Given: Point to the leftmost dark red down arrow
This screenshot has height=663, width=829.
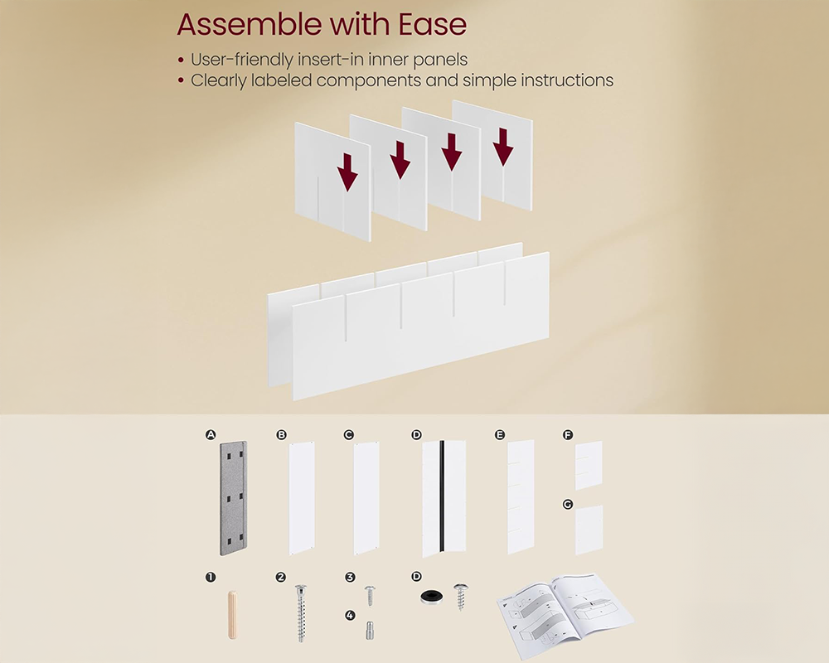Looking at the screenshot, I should pyautogui.click(x=347, y=173).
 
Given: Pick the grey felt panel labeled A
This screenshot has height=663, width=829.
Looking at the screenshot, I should pyautogui.click(x=234, y=497).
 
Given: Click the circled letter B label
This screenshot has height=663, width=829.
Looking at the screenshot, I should pyautogui.click(x=282, y=434).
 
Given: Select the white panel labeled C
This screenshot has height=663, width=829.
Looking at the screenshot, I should pyautogui.click(x=366, y=497).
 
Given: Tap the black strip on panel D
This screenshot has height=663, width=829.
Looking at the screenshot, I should pyautogui.click(x=444, y=497).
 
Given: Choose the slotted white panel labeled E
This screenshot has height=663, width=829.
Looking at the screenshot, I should pyautogui.click(x=521, y=497).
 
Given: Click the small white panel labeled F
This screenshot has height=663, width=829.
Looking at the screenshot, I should pyautogui.click(x=589, y=465).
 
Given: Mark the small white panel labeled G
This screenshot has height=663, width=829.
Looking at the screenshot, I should pyautogui.click(x=589, y=530).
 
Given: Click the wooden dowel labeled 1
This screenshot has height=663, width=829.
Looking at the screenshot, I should pyautogui.click(x=231, y=614).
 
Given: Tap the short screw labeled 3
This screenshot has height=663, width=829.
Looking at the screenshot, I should pyautogui.click(x=370, y=594).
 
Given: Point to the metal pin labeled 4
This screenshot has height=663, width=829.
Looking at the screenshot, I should pyautogui.click(x=369, y=632).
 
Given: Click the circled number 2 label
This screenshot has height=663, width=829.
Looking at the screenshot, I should pyautogui.click(x=281, y=577).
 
